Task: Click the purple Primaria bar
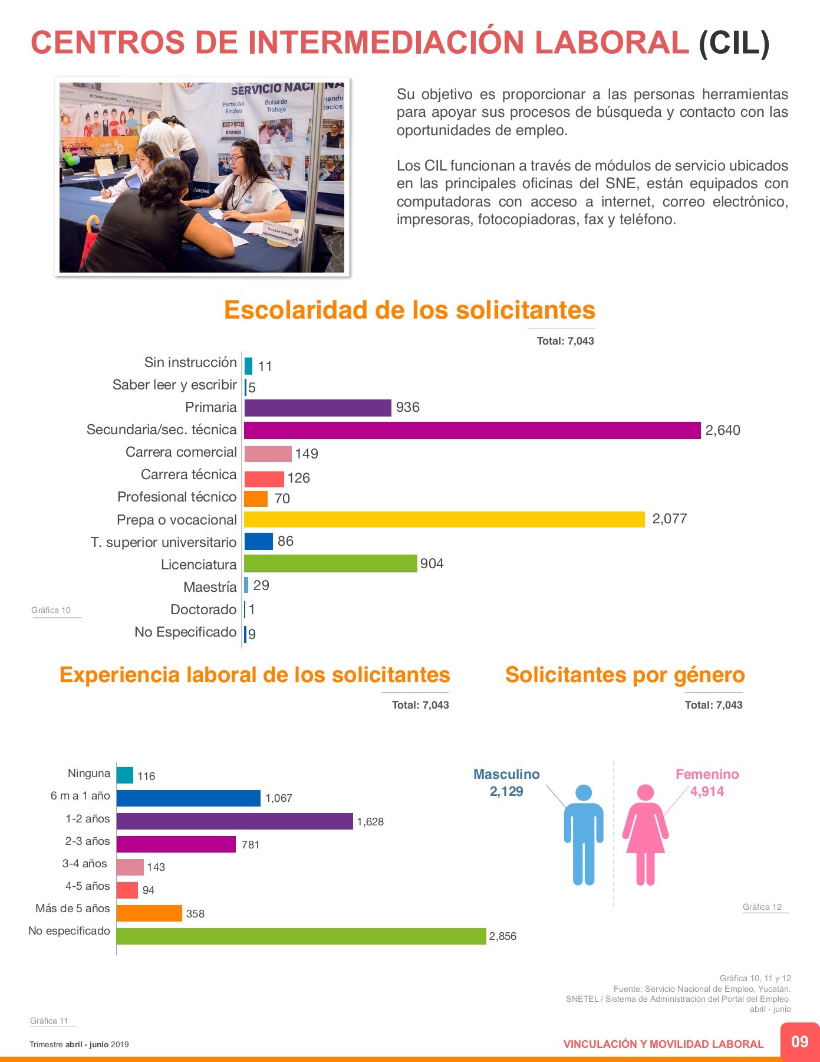pyautogui.click(x=318, y=408)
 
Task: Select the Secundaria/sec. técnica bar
pyautogui.click(x=472, y=430)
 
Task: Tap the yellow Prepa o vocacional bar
pyautogui.click(x=444, y=519)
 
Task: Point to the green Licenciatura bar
pyautogui.click(x=330, y=563)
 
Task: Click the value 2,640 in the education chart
pyautogui.click(x=723, y=430)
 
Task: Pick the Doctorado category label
pyautogui.click(x=203, y=609)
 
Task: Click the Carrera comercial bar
pyautogui.click(x=268, y=454)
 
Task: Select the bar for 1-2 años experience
pyautogui.click(x=235, y=821)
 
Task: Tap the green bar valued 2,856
pyautogui.click(x=301, y=936)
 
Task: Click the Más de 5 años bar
pyautogui.click(x=149, y=913)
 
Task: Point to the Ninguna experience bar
pyautogui.click(x=125, y=775)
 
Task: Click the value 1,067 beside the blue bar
pyautogui.click(x=279, y=798)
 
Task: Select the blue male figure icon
pyautogui.click(x=584, y=835)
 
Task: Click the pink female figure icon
pyautogui.click(x=646, y=835)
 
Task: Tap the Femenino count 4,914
pyautogui.click(x=707, y=791)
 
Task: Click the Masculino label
pyautogui.click(x=506, y=774)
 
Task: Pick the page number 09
pyautogui.click(x=800, y=1041)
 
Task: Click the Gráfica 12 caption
pyautogui.click(x=762, y=907)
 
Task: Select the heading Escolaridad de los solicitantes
pyautogui.click(x=410, y=310)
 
